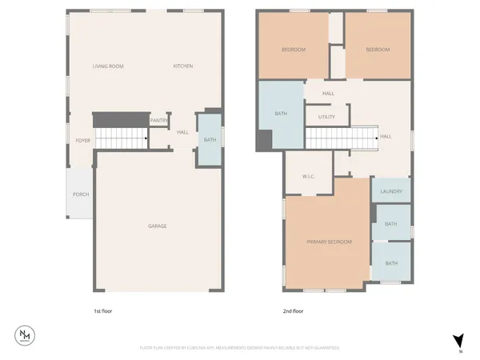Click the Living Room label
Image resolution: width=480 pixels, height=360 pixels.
[x=108, y=66]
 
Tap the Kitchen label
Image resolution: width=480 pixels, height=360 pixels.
[x=183, y=66]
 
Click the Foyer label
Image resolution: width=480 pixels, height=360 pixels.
[x=82, y=140]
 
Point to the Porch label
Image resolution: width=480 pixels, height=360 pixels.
[x=80, y=194]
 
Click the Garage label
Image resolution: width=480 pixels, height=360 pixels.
[x=157, y=226]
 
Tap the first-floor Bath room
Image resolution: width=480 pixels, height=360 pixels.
[x=210, y=141]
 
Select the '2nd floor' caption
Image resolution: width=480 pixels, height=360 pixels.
[x=293, y=311]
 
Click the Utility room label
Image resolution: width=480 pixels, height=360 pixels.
[x=326, y=117]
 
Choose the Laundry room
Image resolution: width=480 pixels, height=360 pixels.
[x=391, y=191]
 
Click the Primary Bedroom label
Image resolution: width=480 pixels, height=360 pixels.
[x=329, y=242]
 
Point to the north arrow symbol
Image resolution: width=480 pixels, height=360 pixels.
[x=458, y=340]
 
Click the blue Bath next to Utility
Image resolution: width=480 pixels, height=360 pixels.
[x=281, y=114]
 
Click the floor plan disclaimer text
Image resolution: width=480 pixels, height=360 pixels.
[x=240, y=348]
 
